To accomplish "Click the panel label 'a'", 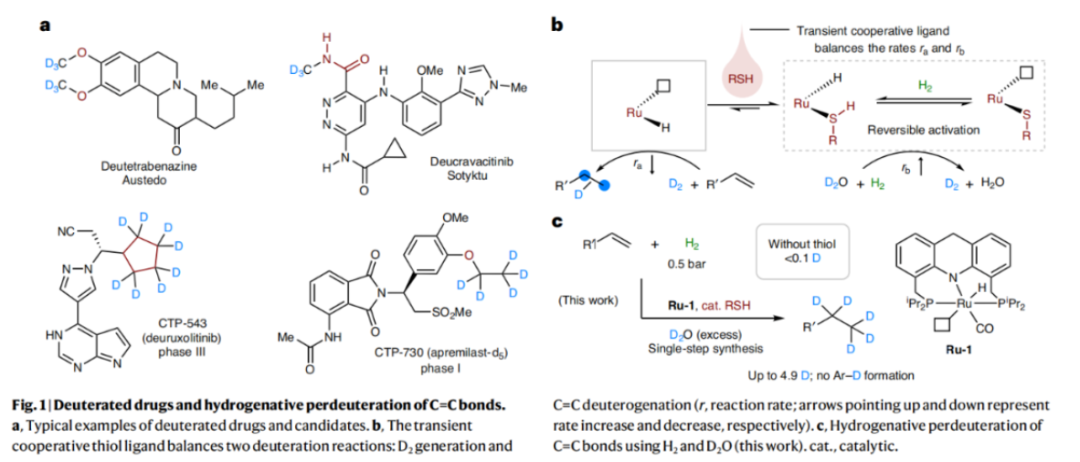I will point(44,25).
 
